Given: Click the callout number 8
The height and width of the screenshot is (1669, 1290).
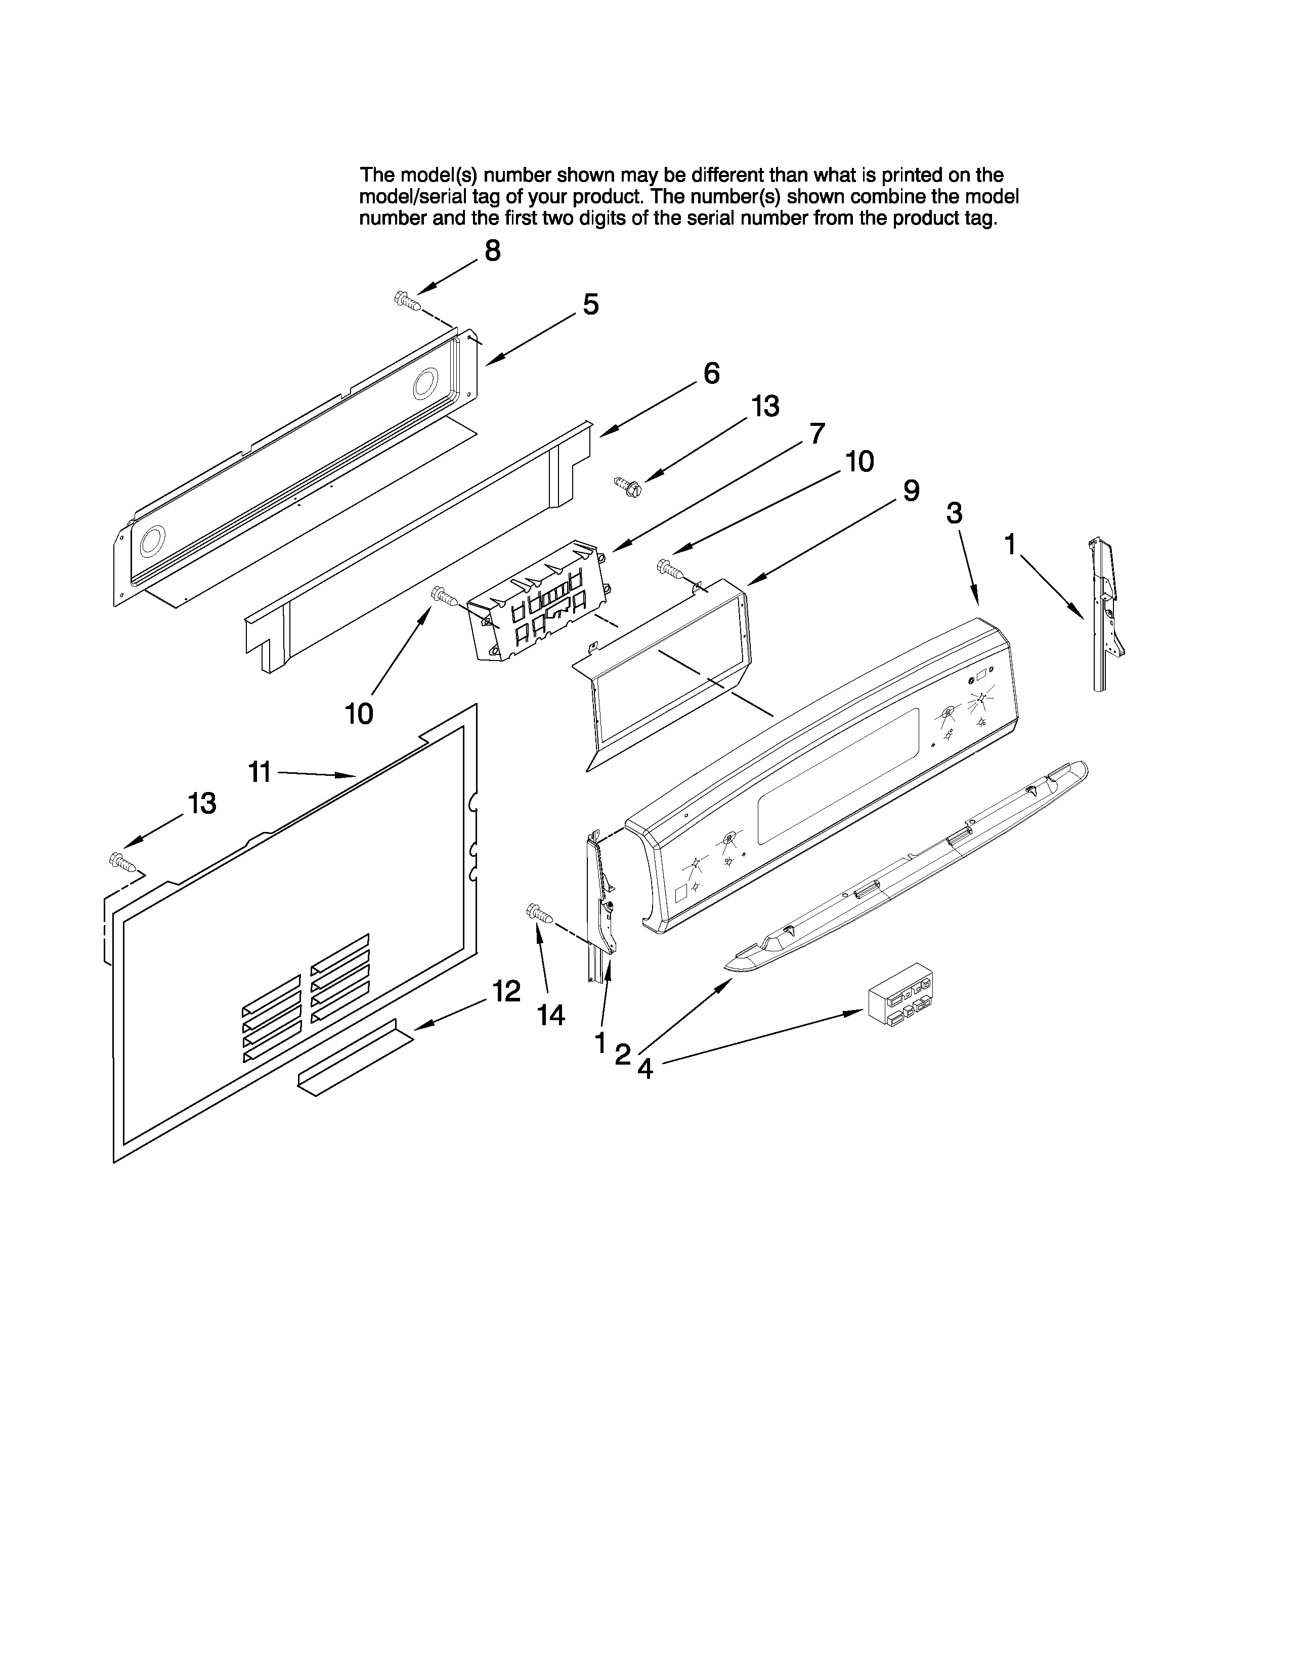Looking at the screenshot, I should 493,251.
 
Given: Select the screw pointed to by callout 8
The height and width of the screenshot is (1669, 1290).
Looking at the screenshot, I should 407,300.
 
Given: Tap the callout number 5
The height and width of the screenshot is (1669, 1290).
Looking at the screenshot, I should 591,305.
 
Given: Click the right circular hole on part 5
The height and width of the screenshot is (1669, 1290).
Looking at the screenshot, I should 425,384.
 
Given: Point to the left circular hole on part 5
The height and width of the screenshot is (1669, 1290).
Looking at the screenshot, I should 152,540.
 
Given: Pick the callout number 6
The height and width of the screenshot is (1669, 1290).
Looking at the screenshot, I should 711,374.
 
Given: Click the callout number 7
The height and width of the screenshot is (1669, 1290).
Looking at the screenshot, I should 817,433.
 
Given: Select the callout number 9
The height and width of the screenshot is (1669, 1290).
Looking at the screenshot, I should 911,491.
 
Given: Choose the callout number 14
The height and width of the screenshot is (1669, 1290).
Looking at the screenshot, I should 550,1015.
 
